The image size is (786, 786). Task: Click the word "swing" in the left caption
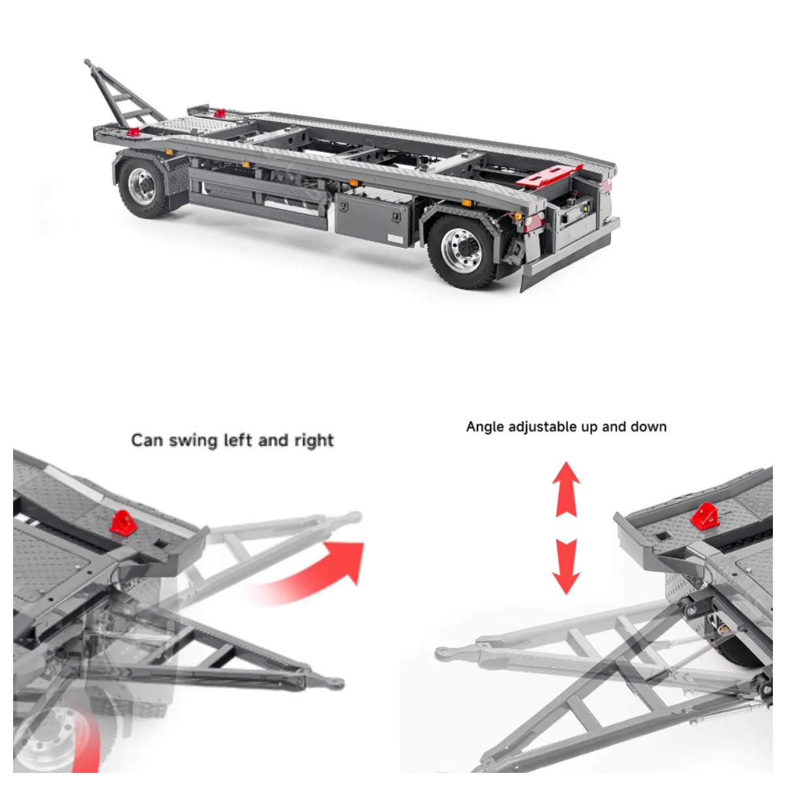coord(194,440)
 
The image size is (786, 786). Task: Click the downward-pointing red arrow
coord(566,566)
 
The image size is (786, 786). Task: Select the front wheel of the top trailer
coord(141,186)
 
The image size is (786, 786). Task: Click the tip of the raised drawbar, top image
coord(88,63)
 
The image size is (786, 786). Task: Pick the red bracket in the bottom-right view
coord(704,517)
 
